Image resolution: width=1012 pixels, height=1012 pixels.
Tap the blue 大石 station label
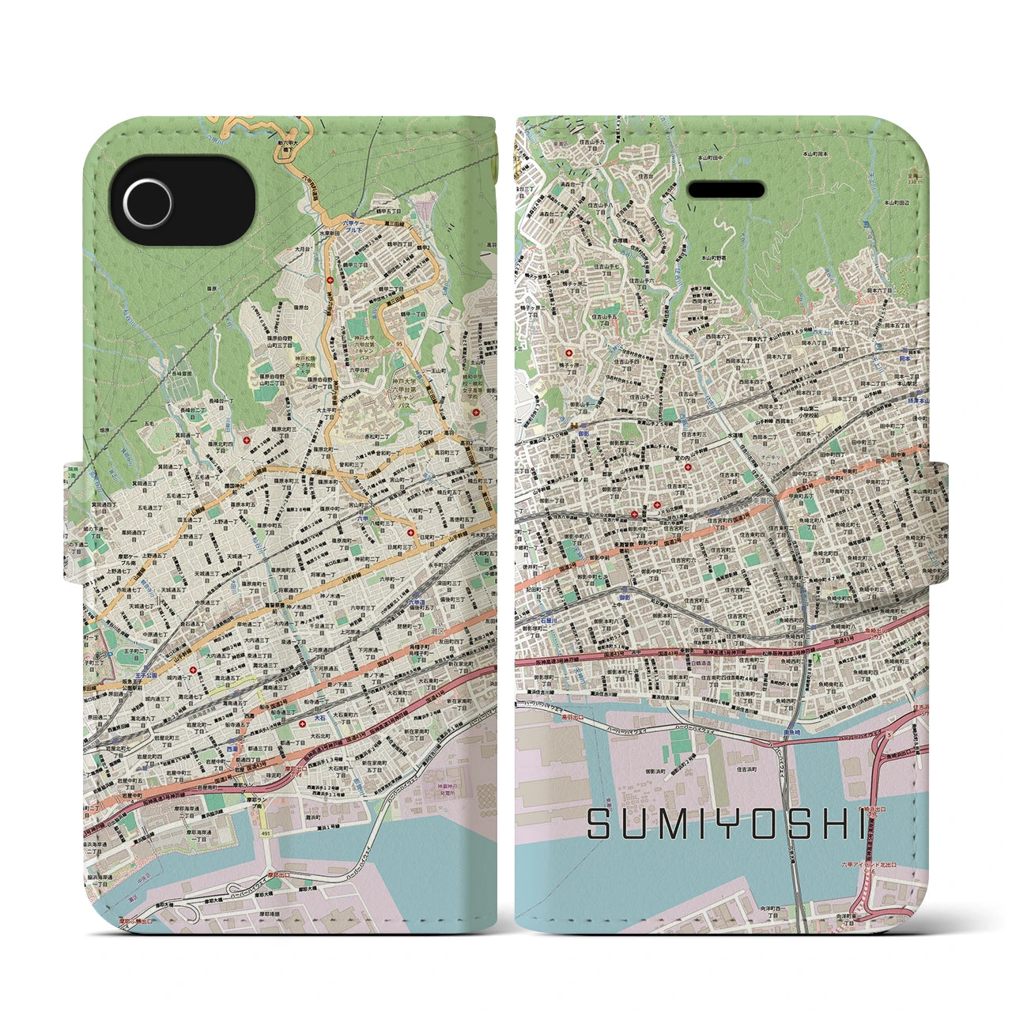(319, 718)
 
